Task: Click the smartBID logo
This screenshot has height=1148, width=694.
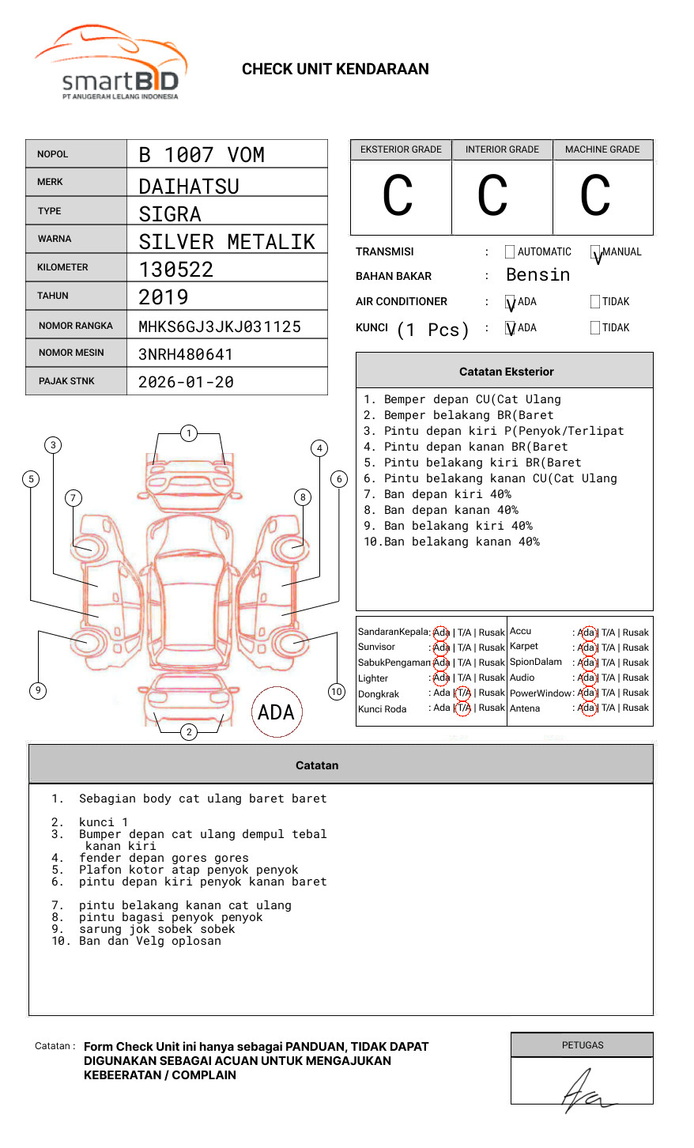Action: tap(111, 63)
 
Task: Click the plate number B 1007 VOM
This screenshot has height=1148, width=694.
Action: tap(202, 155)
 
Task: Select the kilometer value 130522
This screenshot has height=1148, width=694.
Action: tap(176, 270)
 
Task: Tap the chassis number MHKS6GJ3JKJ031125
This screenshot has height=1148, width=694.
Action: tap(220, 327)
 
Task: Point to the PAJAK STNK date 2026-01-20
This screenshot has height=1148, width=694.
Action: tap(186, 382)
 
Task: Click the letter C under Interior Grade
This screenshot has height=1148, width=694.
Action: tap(492, 197)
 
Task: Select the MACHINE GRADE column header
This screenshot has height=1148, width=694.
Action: tap(602, 149)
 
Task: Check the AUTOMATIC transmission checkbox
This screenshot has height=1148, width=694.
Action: tap(510, 252)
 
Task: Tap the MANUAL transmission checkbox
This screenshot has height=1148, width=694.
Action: tap(595, 252)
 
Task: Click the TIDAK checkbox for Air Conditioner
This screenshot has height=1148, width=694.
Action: tap(595, 302)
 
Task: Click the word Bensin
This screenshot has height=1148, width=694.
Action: tap(537, 275)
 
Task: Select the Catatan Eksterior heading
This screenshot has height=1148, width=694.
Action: tap(506, 372)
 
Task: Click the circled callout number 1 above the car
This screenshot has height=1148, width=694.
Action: tap(188, 433)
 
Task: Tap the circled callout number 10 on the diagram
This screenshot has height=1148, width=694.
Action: tap(337, 692)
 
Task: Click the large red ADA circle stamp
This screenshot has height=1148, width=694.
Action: tap(277, 712)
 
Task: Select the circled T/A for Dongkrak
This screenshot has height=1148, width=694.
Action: tap(463, 693)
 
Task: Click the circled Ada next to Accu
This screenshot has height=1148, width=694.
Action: tap(587, 633)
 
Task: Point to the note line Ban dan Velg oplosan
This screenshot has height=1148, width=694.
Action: tap(149, 941)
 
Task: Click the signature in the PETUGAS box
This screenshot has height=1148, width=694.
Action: tap(585, 1091)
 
